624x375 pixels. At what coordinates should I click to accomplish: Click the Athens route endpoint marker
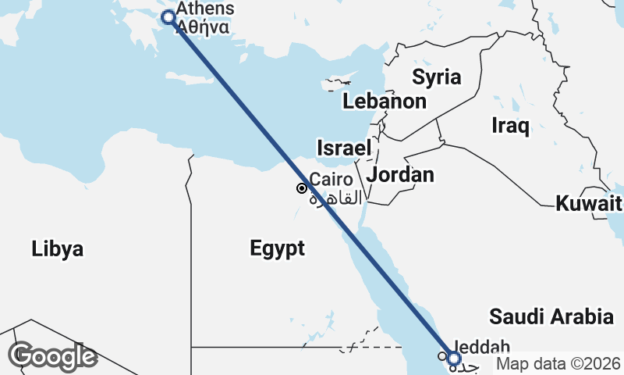pos(167,17)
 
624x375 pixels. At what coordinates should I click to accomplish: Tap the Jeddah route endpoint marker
pos(454,359)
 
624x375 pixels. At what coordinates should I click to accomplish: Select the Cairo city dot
pos(302,188)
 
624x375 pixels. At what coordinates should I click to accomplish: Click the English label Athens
pos(205,9)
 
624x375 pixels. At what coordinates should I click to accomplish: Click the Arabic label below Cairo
pos(336,198)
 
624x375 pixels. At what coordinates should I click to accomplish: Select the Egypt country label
pos(277,248)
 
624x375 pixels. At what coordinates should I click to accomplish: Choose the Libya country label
pos(58,249)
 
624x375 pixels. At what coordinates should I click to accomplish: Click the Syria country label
pos(437,77)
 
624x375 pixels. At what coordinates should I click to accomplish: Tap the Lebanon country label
pos(385,102)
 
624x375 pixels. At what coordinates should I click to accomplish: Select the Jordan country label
pos(401,175)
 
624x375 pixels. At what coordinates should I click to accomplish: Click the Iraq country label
pos(511,124)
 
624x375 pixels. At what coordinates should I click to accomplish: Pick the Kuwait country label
pos(589,205)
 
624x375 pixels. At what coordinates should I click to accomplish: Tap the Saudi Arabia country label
pos(551,316)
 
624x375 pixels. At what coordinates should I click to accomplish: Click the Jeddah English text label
pos(481,346)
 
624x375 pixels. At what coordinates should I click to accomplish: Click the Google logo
pos(52,355)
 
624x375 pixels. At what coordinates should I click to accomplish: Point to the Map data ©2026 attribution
pos(558,364)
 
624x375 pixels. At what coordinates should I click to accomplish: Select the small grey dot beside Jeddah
pos(441,357)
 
